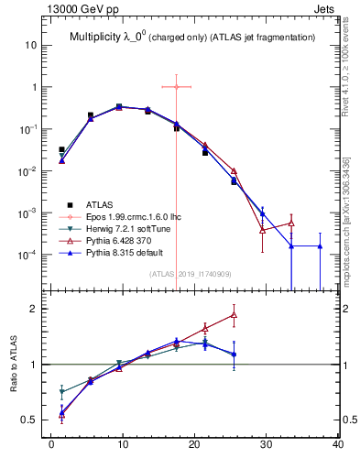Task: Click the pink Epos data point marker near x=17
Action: (176, 87)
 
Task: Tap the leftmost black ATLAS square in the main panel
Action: (61, 149)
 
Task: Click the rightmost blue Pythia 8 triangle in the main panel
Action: (320, 245)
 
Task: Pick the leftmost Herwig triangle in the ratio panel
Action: (61, 392)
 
